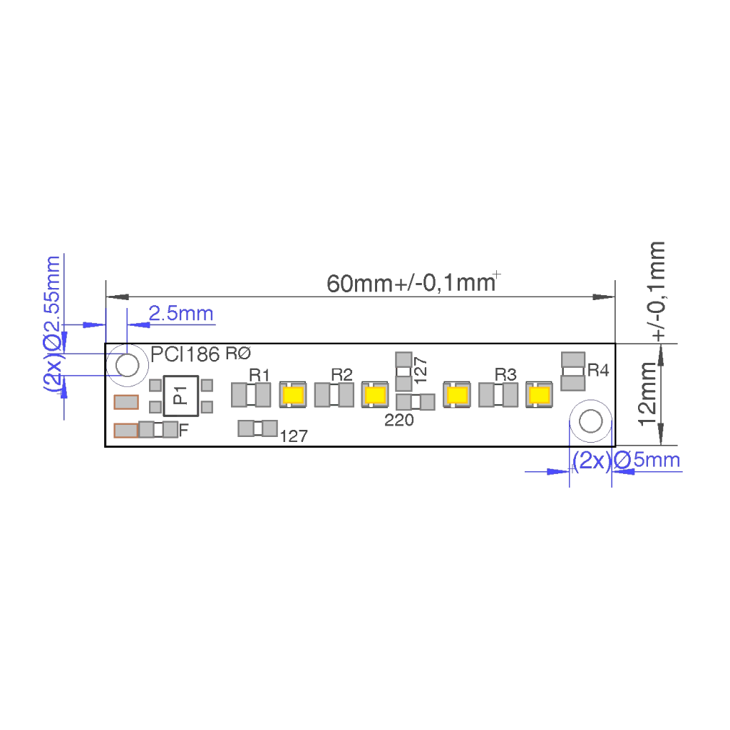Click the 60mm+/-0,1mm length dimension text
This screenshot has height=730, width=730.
click(411, 282)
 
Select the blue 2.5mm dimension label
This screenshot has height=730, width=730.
click(181, 314)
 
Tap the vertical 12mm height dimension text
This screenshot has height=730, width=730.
click(648, 394)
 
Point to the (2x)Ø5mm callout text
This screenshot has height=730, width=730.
click(626, 461)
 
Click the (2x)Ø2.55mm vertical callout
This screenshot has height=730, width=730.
click(53, 324)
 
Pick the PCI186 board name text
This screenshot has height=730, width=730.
click(185, 355)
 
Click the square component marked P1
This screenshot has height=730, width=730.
click(180, 396)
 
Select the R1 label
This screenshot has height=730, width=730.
click(259, 375)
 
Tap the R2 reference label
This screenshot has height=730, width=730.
click(341, 374)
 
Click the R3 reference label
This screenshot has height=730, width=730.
click(505, 374)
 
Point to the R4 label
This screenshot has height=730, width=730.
click(598, 370)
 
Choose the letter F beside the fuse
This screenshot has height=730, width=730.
click(183, 430)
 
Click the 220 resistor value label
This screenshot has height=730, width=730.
click(399, 421)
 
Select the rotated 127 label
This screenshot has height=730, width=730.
click(420, 370)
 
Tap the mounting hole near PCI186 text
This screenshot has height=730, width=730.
click(127, 365)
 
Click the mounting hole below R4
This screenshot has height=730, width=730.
click(591, 421)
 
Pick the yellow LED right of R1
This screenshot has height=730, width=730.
click(293, 395)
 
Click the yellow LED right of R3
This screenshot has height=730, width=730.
click(539, 395)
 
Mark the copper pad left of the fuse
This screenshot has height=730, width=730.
click(126, 431)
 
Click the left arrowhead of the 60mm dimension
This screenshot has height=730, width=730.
click(118, 297)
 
